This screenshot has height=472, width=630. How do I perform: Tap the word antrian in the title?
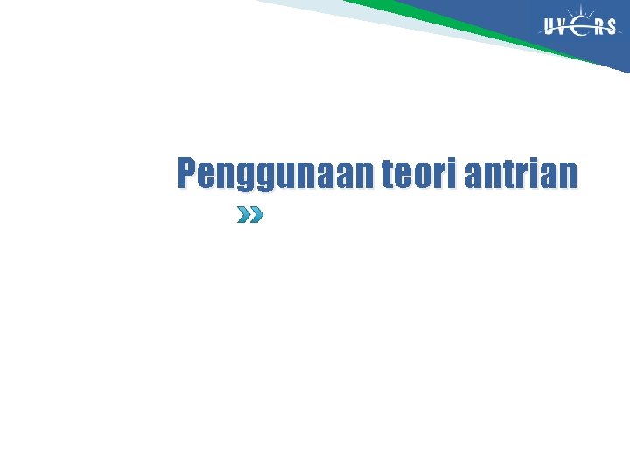pos(521,174)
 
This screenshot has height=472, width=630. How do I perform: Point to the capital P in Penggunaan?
pos(187,174)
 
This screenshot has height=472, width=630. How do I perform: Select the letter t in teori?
pos(387,175)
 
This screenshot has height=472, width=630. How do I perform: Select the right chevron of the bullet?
pos(255,215)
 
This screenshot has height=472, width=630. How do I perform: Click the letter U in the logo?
pos(550,27)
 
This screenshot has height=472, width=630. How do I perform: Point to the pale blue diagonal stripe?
pos(367,21)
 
